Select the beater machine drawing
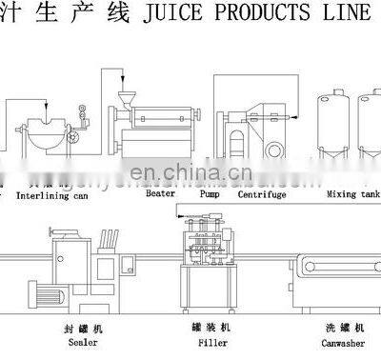pos(157,119)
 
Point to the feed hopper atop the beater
pos(126,97)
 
